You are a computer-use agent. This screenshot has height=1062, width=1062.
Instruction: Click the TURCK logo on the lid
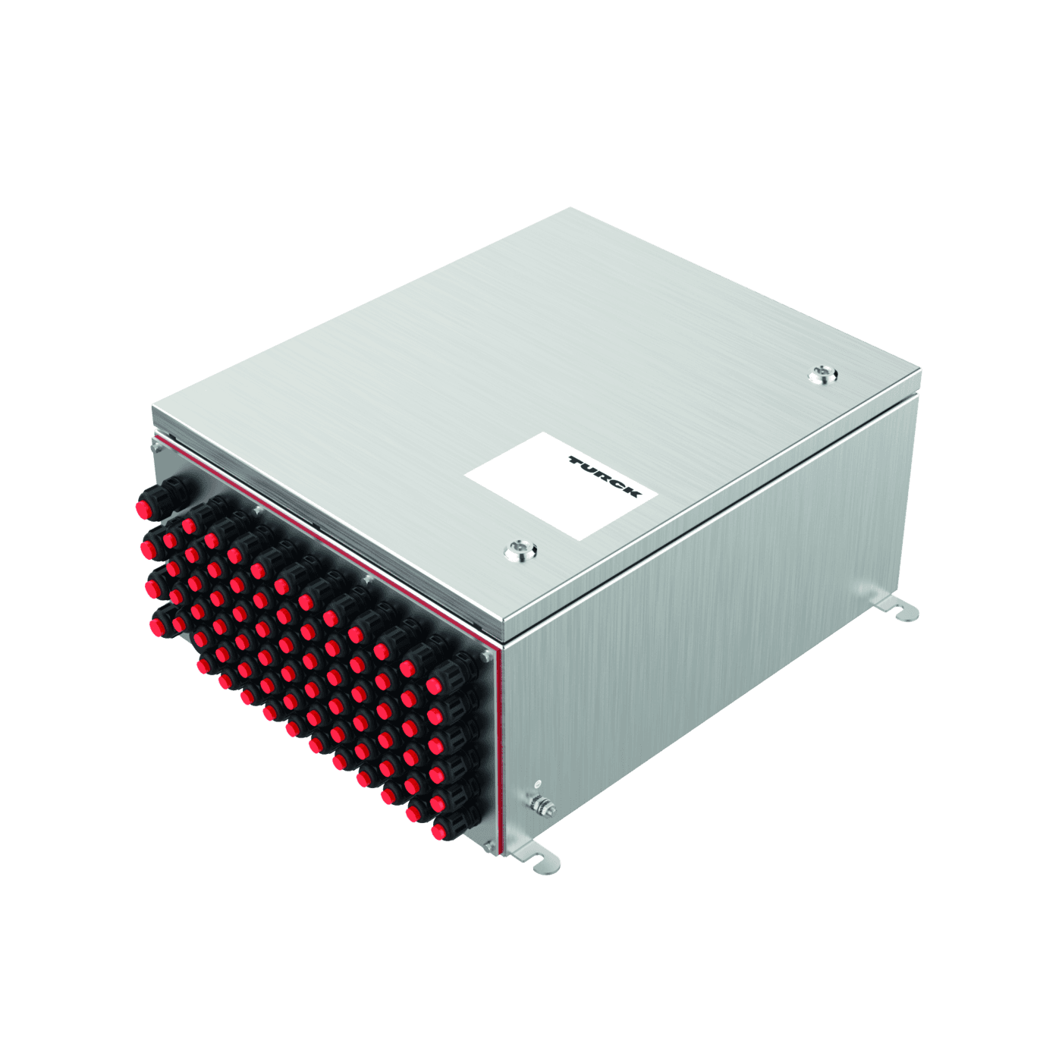[605, 476]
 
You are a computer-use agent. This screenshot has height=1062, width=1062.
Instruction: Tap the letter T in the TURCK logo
[576, 460]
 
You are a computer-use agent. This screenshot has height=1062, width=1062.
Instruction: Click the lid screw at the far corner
[822, 375]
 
